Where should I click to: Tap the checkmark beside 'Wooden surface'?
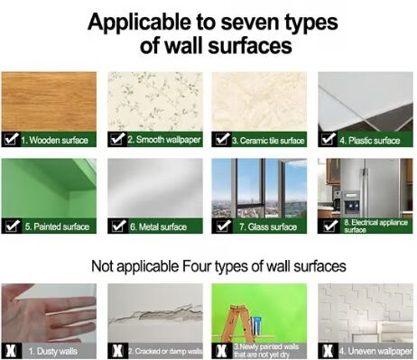click(x=12, y=139)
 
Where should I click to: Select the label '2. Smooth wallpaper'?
click(x=164, y=140)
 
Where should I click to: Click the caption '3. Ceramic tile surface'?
click(x=268, y=141)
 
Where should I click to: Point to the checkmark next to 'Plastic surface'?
click(x=329, y=139)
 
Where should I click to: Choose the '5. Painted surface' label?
click(x=57, y=226)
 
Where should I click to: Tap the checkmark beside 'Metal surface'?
click(x=119, y=226)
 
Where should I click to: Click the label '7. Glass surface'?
click(x=268, y=226)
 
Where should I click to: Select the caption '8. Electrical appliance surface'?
click(x=375, y=226)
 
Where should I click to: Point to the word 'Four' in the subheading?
click(x=197, y=266)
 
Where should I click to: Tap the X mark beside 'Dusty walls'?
click(x=12, y=351)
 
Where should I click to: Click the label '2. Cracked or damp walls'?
click(x=165, y=351)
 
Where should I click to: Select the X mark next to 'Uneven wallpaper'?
click(x=329, y=351)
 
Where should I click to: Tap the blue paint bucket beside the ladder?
click(x=256, y=326)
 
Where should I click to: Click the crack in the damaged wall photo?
click(x=155, y=314)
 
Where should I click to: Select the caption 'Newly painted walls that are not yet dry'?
click(x=266, y=351)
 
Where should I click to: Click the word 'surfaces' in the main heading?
click(x=250, y=46)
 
